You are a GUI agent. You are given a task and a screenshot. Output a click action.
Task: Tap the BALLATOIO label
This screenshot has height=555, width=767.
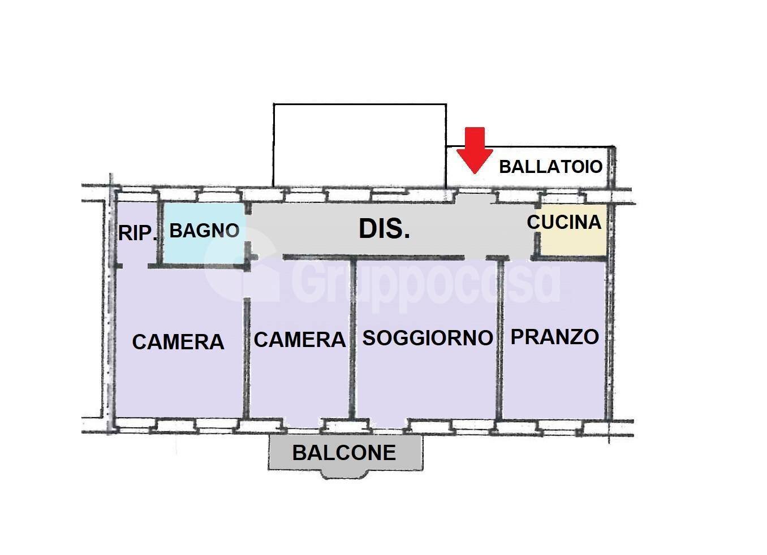tap(550, 167)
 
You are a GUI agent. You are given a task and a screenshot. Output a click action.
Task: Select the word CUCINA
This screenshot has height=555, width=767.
tap(563, 222)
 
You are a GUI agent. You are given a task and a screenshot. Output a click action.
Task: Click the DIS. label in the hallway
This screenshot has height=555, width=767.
tap(384, 229)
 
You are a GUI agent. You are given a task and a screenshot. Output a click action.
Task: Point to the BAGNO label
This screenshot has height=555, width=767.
tap(204, 231)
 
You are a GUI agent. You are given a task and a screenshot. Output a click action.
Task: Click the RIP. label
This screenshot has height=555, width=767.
tap(137, 232)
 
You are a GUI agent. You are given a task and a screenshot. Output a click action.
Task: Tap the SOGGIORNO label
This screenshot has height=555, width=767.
tap(427, 338)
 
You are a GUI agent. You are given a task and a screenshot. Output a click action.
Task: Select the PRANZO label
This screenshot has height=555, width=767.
tap(554, 337)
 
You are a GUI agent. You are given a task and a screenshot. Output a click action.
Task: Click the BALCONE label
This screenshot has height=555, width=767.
tap(344, 453)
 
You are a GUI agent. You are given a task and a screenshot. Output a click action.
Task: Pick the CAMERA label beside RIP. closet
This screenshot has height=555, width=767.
tap(178, 342)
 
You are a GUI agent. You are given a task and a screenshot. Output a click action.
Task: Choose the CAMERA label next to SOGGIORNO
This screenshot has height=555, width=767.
tap(299, 340)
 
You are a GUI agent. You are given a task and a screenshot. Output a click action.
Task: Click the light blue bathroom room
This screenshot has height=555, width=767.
tap(204, 249)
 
